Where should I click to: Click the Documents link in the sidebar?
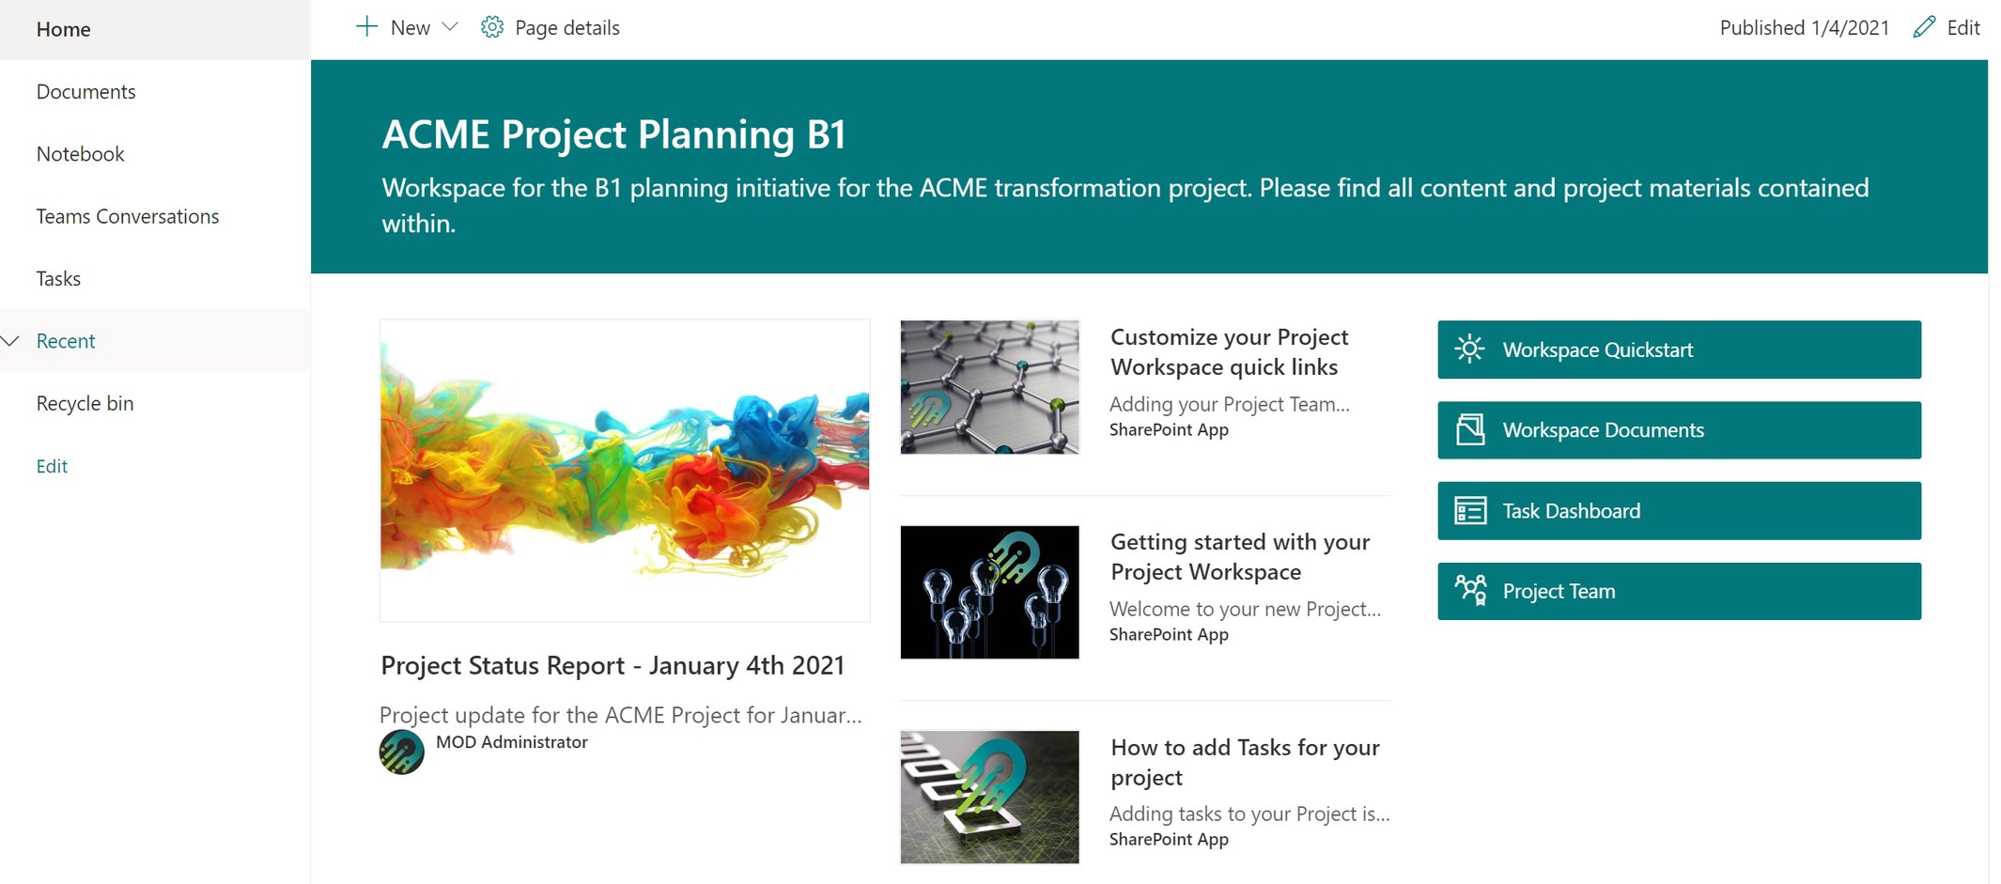click(85, 92)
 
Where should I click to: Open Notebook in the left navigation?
click(80, 154)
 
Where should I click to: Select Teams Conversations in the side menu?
click(127, 217)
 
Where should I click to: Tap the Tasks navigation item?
click(58, 279)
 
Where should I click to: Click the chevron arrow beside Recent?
click(11, 341)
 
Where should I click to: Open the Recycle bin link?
click(85, 404)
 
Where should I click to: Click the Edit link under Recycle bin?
click(52, 467)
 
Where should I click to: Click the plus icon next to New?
click(366, 27)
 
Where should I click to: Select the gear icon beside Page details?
click(492, 27)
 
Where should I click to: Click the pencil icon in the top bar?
click(1924, 27)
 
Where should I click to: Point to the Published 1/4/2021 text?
click(1804, 28)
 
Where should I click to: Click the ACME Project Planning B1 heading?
click(613, 134)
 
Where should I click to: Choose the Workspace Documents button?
click(1678, 430)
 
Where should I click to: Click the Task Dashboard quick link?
click(1678, 511)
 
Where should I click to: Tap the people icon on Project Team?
click(1470, 590)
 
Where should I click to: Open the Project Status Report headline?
click(613, 666)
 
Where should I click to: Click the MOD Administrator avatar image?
click(401, 752)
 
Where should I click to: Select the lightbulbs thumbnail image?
click(989, 593)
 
